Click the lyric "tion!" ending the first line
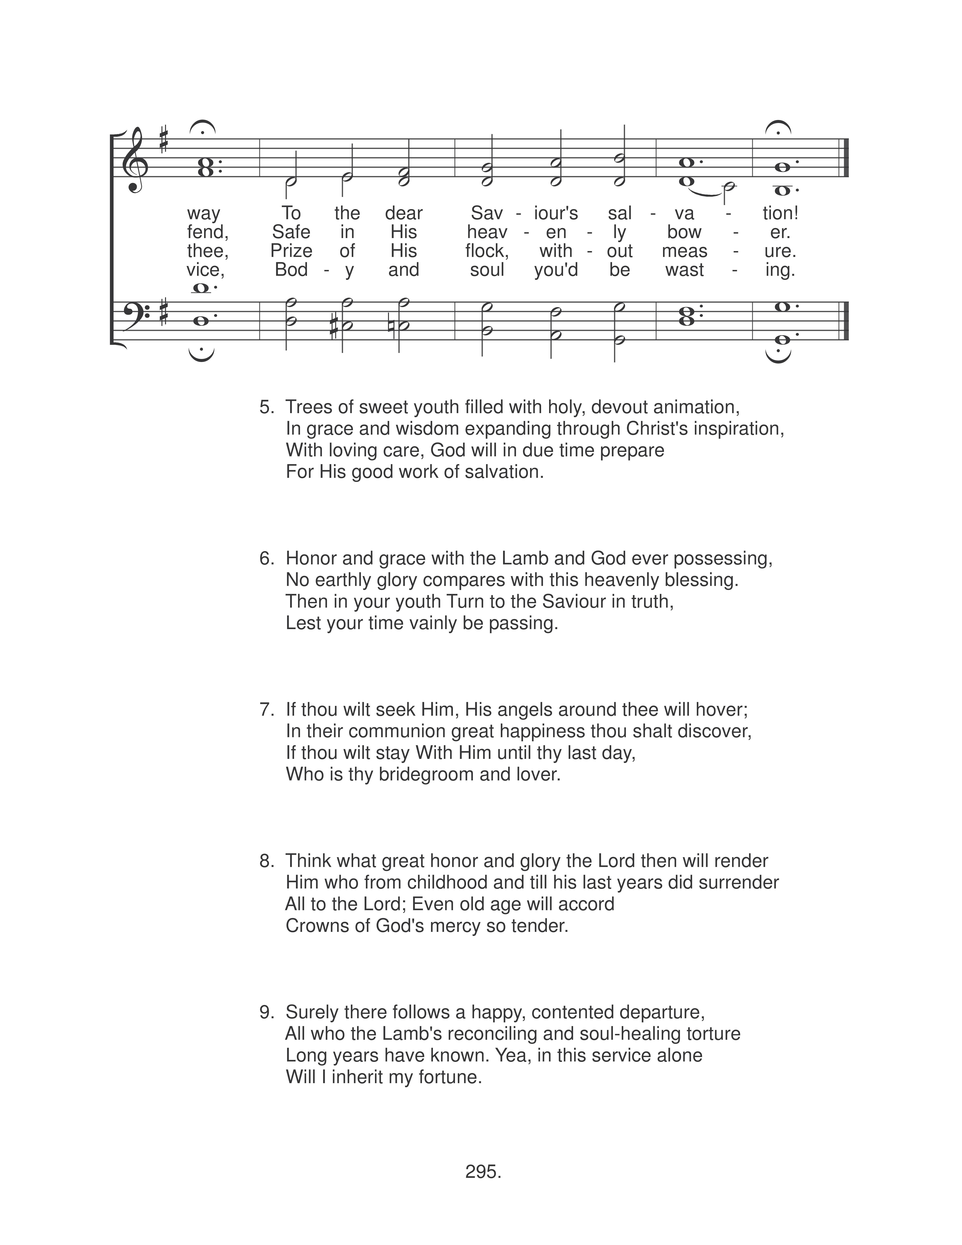(780, 213)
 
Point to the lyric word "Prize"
(291, 251)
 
